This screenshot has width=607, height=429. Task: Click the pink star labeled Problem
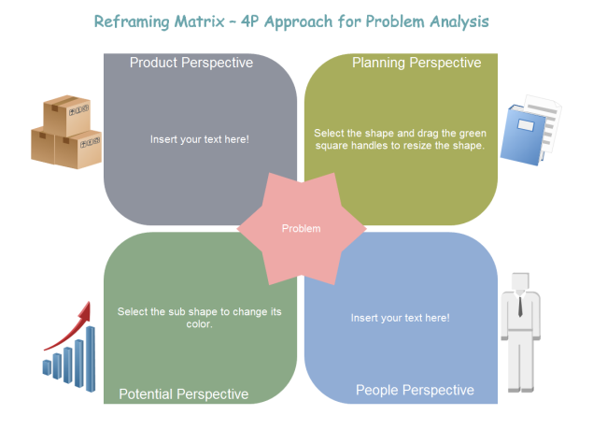[x=302, y=228]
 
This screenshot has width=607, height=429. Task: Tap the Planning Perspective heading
[x=416, y=64]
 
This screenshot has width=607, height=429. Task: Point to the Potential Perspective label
[x=184, y=393]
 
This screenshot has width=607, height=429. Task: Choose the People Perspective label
[x=415, y=390]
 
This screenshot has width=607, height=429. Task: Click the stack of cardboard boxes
[x=66, y=133]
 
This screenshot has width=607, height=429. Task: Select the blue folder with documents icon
[x=529, y=130]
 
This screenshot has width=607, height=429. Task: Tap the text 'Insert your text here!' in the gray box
[x=200, y=139]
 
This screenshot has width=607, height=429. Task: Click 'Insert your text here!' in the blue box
[x=400, y=318]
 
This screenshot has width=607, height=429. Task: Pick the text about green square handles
[x=400, y=139]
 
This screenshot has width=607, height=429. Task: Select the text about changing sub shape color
[x=200, y=318]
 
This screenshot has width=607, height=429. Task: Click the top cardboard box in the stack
[x=67, y=113]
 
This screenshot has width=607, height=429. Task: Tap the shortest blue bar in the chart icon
[x=47, y=367]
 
